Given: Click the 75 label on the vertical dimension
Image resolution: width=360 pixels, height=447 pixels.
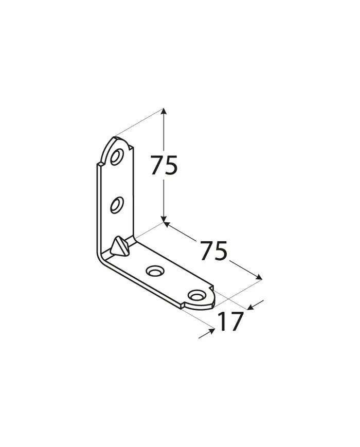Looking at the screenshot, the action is tap(164, 165).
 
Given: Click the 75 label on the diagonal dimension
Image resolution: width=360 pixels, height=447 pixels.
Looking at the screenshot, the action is tap(213, 251).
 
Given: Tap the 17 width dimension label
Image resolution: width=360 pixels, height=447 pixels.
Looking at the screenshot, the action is tap(231, 321).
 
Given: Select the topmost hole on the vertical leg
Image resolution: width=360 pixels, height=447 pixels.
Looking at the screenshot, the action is tap(117, 156).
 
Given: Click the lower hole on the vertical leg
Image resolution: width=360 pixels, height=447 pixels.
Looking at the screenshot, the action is tap(117, 205).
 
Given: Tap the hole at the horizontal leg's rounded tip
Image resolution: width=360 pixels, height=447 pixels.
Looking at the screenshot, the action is tap(196, 296).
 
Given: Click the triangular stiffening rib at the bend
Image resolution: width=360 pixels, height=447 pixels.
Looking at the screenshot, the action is tap(120, 246).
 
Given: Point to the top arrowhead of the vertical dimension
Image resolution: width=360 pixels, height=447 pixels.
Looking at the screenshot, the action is tap(163, 112).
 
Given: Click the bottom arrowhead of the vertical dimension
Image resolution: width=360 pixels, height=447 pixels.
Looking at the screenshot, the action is tap(164, 219).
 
